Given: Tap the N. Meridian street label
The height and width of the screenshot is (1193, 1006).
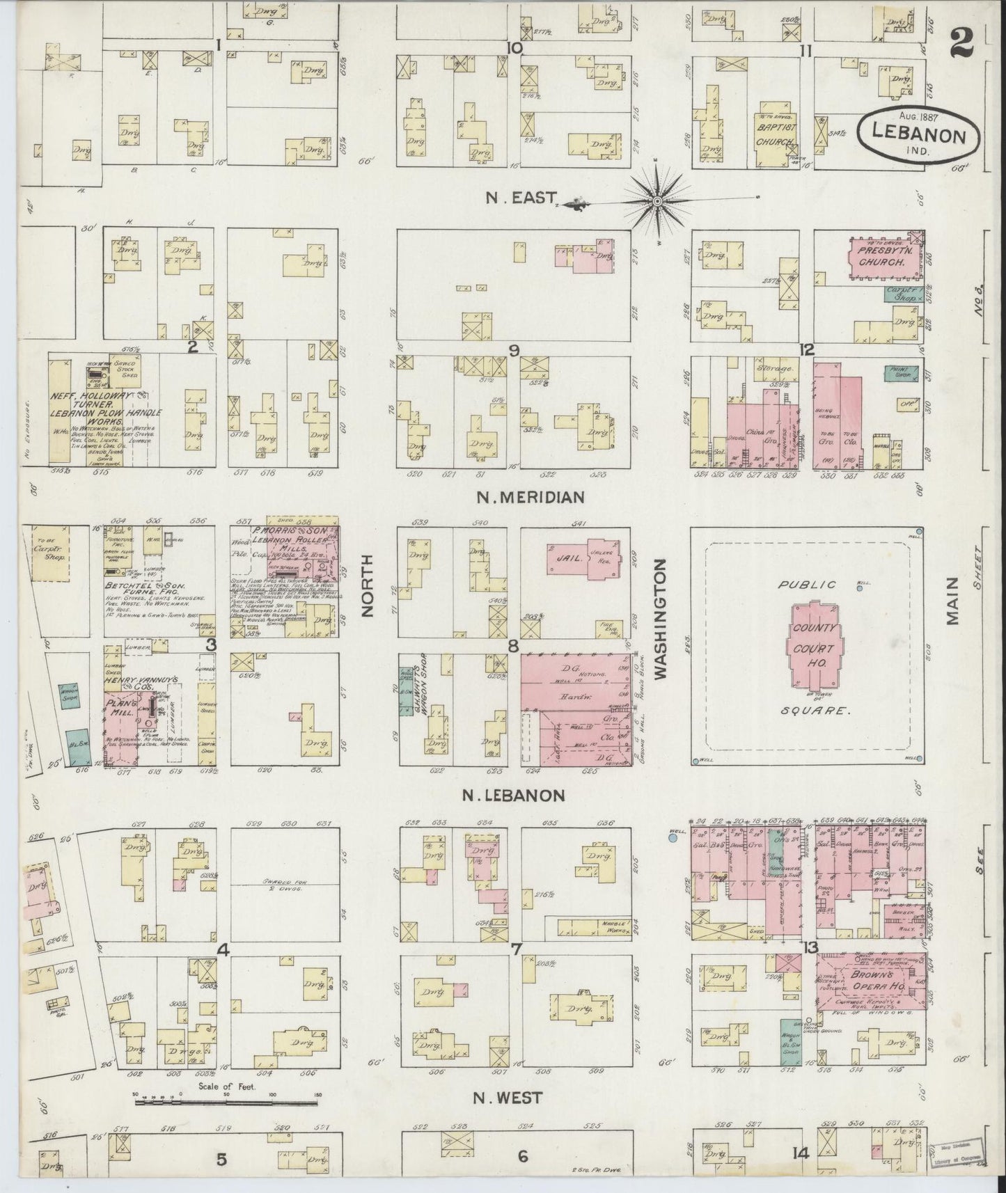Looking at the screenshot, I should coord(529,497).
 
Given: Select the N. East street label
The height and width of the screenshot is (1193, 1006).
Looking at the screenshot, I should coord(512,198).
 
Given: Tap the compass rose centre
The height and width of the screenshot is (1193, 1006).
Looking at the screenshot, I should coord(657,202).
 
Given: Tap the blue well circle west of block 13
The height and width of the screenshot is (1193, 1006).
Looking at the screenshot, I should coord(673,839).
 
